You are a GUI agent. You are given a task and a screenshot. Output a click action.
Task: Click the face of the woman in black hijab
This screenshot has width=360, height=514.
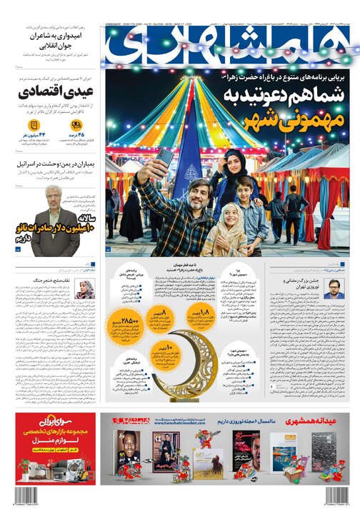click(x=234, y=163)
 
